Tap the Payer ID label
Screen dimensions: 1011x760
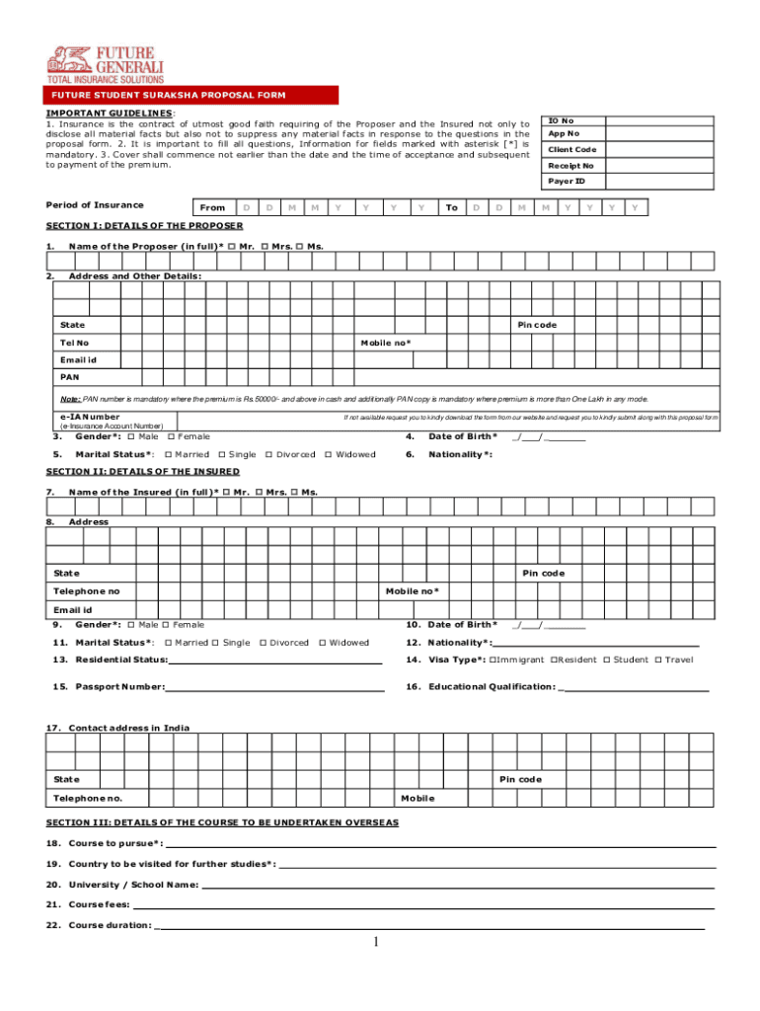[x=567, y=182]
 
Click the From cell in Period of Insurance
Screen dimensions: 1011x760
[x=212, y=208]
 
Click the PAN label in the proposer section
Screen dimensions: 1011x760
[x=70, y=376]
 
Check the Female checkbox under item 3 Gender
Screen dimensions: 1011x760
[x=172, y=436]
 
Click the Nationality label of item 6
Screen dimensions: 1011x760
[x=461, y=454]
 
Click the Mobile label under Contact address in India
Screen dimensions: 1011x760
[x=418, y=798]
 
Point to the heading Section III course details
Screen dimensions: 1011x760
[x=222, y=822]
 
